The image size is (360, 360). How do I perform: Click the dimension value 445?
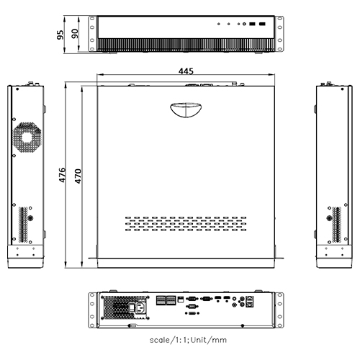187,71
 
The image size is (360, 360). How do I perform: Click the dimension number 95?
63,34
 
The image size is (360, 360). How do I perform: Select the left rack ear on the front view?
92,35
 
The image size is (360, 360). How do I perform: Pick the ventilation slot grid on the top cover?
185,225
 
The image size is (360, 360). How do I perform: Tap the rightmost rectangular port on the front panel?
263,24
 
